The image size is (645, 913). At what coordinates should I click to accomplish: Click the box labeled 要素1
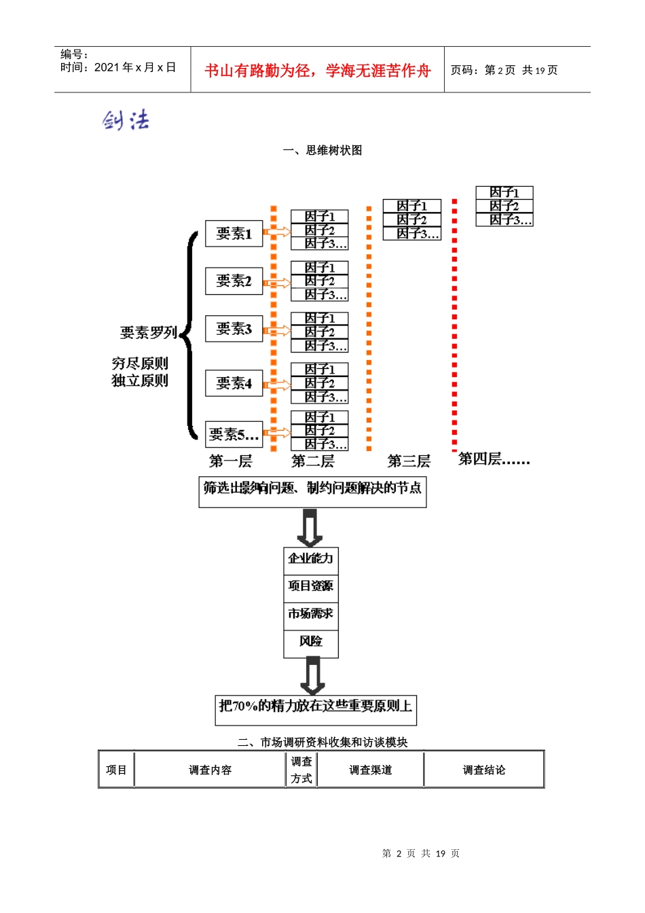pyautogui.click(x=234, y=234)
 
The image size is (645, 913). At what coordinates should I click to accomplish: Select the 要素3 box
pyautogui.click(x=234, y=329)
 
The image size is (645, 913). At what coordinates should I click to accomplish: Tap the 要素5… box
pyautogui.click(x=234, y=434)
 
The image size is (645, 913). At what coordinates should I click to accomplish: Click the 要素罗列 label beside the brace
pyautogui.click(x=148, y=333)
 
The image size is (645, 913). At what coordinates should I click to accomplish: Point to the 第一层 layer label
pyautogui.click(x=230, y=461)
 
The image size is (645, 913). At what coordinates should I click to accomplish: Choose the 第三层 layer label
pyautogui.click(x=409, y=461)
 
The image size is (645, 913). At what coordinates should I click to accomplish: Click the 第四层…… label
pyautogui.click(x=494, y=459)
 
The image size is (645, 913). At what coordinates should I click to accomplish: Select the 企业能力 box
pyautogui.click(x=310, y=558)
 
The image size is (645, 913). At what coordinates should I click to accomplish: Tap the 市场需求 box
pyautogui.click(x=310, y=613)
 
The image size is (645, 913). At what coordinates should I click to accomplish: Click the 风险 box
pyautogui.click(x=310, y=641)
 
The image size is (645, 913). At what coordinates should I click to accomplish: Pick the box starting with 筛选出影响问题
pyautogui.click(x=312, y=489)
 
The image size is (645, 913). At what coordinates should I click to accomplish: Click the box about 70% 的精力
pyautogui.click(x=315, y=707)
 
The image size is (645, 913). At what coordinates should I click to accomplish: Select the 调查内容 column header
pyautogui.click(x=210, y=770)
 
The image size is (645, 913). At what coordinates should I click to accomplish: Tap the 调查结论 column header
pyautogui.click(x=483, y=770)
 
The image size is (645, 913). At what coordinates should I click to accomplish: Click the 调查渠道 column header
pyautogui.click(x=370, y=770)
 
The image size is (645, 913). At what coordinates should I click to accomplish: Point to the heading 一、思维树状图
pyautogui.click(x=322, y=150)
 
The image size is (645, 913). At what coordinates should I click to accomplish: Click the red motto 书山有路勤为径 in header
pyautogui.click(x=317, y=71)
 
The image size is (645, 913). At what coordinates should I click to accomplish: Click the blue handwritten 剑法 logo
pyautogui.click(x=126, y=120)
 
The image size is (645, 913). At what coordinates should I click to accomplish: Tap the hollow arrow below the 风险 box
pyautogui.click(x=312, y=675)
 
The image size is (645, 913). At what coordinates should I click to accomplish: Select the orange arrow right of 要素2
pyautogui.click(x=277, y=282)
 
